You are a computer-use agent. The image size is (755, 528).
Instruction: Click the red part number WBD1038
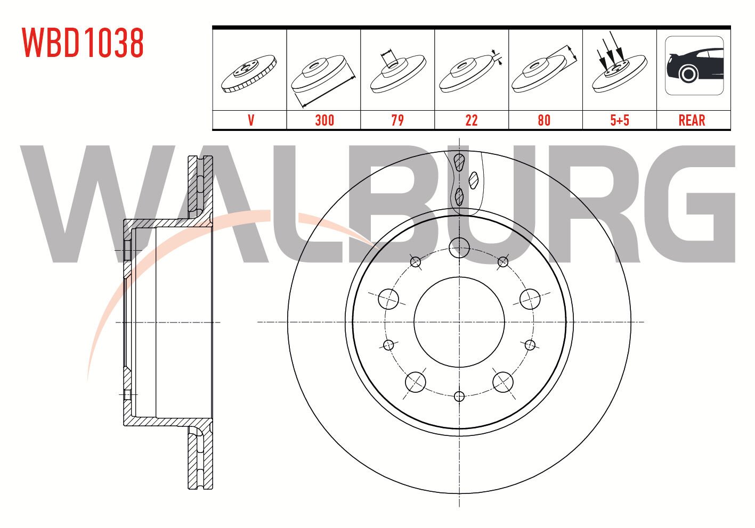click(83, 43)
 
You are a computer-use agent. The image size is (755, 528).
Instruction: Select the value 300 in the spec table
click(324, 120)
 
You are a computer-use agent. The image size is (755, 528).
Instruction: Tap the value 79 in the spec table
click(397, 120)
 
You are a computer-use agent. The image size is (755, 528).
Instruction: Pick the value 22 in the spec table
click(471, 120)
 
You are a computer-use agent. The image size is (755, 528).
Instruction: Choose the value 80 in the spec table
click(545, 120)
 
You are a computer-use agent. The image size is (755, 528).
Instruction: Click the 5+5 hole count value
click(620, 120)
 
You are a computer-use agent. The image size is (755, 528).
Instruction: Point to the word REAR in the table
click(692, 120)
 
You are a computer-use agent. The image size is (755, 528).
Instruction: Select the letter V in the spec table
click(250, 120)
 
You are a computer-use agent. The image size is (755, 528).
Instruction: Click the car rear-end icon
click(694, 65)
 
